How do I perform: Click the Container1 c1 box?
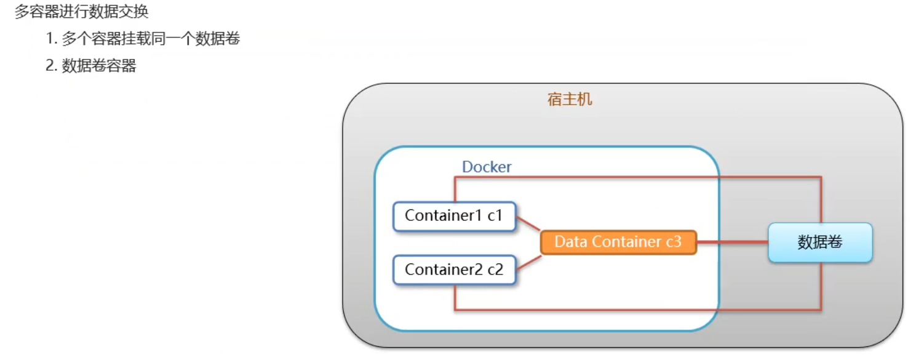click(x=454, y=216)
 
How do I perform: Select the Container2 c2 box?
click(x=454, y=270)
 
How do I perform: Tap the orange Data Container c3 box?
click(x=618, y=242)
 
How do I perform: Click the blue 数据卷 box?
click(x=820, y=242)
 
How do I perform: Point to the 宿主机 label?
click(x=570, y=99)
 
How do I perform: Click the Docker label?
click(x=487, y=167)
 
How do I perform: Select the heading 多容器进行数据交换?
click(x=81, y=12)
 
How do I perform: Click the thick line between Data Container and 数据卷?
click(x=732, y=242)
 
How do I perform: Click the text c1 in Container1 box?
click(x=495, y=216)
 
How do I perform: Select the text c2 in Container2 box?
click(x=495, y=270)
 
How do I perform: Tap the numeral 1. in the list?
click(x=52, y=39)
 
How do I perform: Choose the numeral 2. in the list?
click(x=52, y=66)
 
